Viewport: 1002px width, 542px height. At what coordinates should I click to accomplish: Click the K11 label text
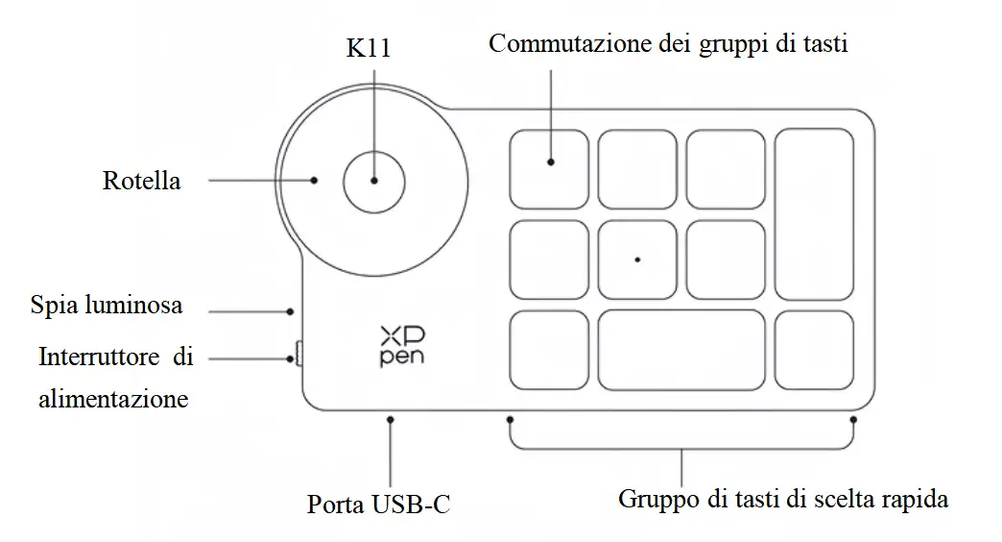369,49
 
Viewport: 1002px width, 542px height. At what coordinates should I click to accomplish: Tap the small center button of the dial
374,181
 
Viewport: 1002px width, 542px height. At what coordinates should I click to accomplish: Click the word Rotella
141,181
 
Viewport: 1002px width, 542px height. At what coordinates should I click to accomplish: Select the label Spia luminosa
106,307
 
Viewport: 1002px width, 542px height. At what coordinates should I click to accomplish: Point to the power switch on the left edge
298,356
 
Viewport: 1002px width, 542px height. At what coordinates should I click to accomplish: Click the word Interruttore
99,358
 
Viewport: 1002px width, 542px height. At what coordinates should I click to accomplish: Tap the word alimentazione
113,398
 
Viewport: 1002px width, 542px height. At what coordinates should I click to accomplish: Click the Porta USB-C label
378,504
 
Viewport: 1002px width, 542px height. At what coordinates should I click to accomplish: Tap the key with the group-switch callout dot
549,169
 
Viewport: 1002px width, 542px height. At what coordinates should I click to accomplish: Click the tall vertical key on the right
814,214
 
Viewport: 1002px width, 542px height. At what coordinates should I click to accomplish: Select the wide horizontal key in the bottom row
681,350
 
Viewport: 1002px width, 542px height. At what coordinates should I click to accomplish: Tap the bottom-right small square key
814,350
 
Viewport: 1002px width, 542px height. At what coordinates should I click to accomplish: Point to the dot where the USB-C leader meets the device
391,419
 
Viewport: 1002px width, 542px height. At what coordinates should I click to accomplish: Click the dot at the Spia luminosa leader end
291,310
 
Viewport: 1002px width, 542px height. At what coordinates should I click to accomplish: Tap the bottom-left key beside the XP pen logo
549,350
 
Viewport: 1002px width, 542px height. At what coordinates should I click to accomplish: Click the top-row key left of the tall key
726,169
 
